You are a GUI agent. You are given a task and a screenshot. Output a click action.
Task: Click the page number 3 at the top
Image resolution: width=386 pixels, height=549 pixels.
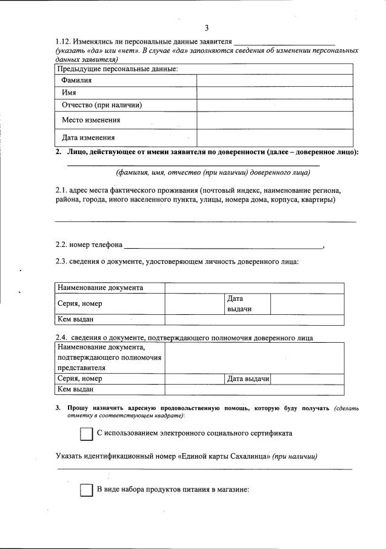pos(207,29)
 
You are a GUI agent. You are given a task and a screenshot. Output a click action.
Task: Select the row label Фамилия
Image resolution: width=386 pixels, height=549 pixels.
pos(76,80)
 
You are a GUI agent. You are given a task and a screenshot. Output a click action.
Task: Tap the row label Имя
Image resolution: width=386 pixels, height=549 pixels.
pos(68,92)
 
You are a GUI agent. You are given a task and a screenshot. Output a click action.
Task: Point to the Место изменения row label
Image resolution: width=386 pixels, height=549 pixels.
pos(91,120)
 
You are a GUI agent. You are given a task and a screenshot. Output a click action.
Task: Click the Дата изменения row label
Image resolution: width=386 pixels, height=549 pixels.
pos(88,137)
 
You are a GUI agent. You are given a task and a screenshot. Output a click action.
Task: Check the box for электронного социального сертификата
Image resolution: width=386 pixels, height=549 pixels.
pos(86,434)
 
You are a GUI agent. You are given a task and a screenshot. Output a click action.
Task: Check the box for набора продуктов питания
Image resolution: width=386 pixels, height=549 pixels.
pos(86,490)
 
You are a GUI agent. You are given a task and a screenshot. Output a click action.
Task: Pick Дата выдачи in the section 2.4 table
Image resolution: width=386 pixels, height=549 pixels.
pos(248,379)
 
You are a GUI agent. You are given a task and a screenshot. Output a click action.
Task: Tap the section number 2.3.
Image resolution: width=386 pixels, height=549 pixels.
pos(60,262)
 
